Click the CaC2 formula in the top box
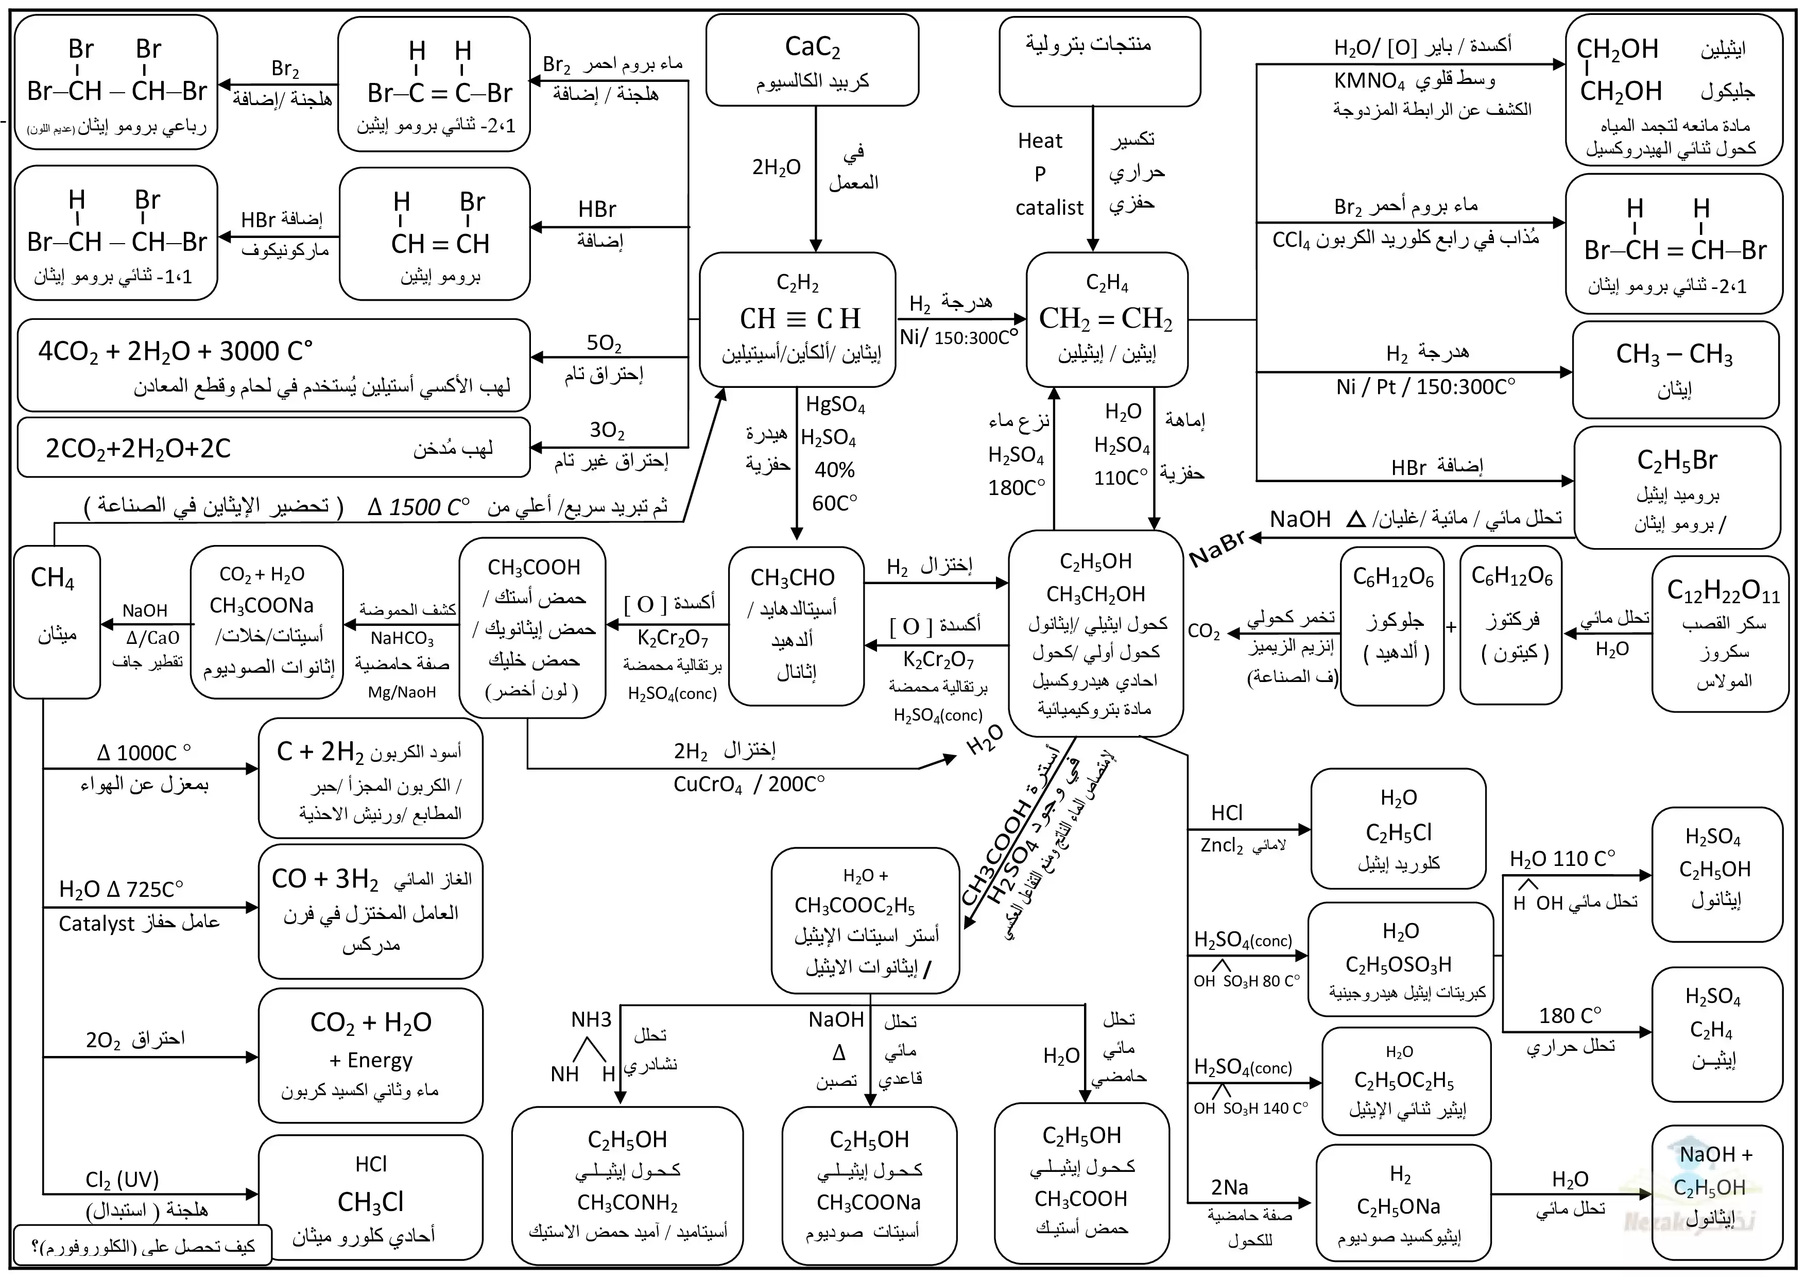813,47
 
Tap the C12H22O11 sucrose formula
1723,591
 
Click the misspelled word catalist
1050,208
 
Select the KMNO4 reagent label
1369,81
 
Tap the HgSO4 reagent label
835,405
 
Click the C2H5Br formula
1677,461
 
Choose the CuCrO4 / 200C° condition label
749,785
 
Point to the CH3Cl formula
370,1202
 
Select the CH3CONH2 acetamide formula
627,1202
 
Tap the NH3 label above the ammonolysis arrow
591,1020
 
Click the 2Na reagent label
1229,1187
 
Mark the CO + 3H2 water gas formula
325,878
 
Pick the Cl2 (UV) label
122,1180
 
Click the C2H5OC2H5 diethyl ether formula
1404,1081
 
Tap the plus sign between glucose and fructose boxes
1451,627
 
